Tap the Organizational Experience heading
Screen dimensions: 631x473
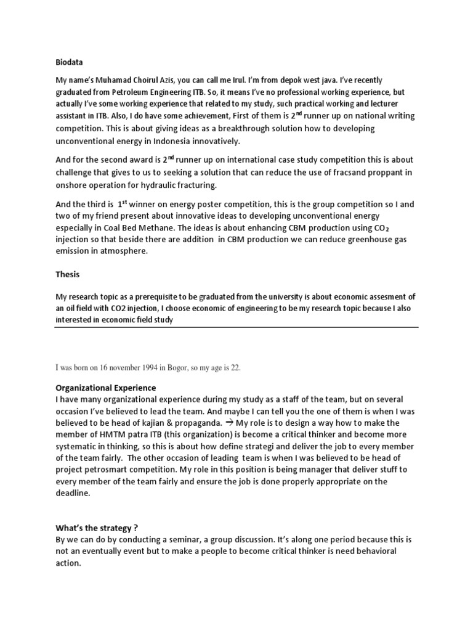click(x=105, y=388)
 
